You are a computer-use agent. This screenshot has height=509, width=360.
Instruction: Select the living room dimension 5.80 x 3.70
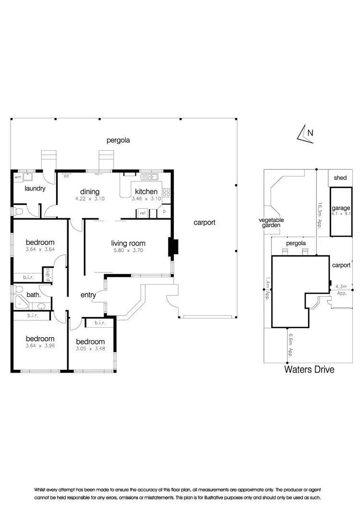coord(128,250)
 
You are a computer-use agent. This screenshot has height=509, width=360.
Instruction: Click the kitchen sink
coord(153,178)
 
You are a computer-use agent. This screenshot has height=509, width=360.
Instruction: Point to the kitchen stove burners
coord(167,193)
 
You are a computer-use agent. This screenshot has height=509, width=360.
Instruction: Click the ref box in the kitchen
coord(143,213)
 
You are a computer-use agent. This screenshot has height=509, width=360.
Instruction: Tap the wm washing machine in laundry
coord(18,177)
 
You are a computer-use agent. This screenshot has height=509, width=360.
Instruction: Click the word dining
coord(90,192)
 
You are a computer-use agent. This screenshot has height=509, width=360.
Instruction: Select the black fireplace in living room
coord(172,248)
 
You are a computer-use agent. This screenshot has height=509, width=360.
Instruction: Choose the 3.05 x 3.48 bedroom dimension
coord(91,349)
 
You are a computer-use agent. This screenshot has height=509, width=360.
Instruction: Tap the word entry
coord(88,295)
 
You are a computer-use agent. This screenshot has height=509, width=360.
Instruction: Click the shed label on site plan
coord(340,178)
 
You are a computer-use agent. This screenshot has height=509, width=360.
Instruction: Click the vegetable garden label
coord(271,223)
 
